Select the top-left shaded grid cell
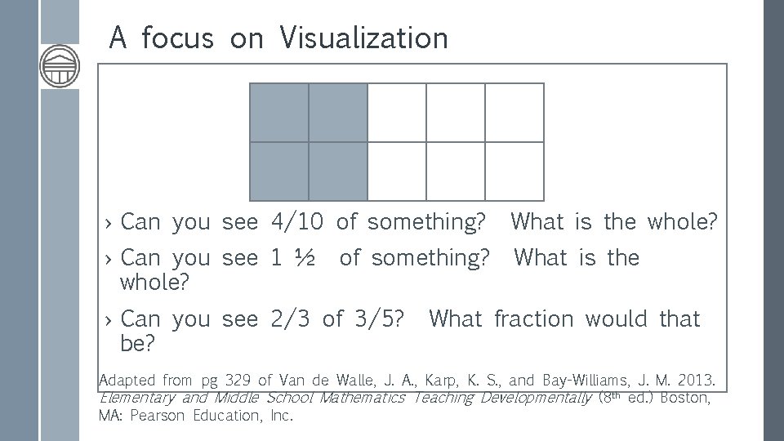point(278,113)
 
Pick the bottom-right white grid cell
point(514,171)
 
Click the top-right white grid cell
point(514,113)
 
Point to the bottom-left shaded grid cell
point(278,171)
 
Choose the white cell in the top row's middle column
point(397,113)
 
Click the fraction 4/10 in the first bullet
point(296,221)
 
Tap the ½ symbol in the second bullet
point(305,258)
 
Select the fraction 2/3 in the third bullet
point(292,318)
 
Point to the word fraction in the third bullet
point(534,318)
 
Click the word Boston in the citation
point(684,399)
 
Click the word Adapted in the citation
point(127,381)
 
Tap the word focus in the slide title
point(176,38)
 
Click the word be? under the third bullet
point(137,344)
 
